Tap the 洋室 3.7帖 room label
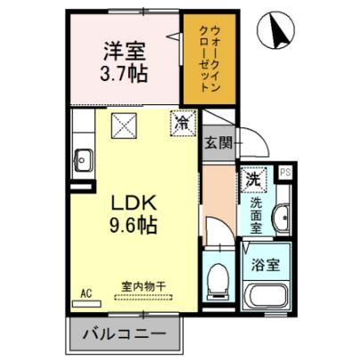[x=124, y=62]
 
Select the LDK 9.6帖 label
[x=134, y=214]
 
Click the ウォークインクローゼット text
[x=209, y=59]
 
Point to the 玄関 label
[x=218, y=144]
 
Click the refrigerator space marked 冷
[x=184, y=123]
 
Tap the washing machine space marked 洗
[x=253, y=179]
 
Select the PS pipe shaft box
[x=285, y=173]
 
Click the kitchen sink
[x=83, y=160]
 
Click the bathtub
[x=266, y=295]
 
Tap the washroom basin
[x=282, y=217]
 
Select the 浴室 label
[x=265, y=265]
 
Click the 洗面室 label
[x=256, y=216]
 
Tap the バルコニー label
[x=124, y=333]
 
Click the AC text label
[x=86, y=293]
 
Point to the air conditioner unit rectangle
[x=86, y=304]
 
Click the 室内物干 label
[x=143, y=287]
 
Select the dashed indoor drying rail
[x=143, y=297]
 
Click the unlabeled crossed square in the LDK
[x=124, y=126]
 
